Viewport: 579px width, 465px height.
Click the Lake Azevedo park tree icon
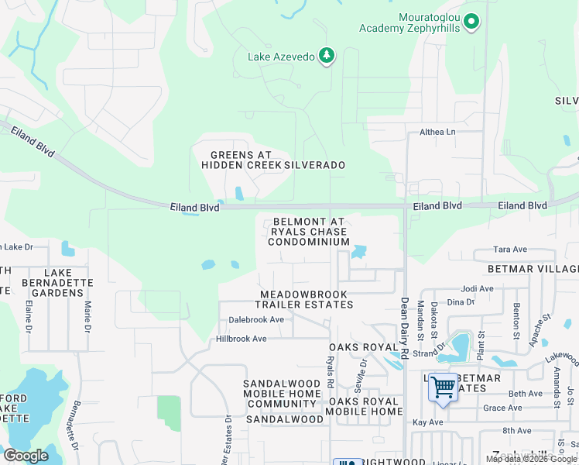(327, 55)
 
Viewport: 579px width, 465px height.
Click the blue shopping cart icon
(444, 387)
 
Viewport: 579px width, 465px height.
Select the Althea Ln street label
(437, 132)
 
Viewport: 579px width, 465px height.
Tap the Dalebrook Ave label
(255, 319)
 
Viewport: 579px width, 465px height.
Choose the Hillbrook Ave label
(241, 339)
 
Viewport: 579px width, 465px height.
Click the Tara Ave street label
(510, 250)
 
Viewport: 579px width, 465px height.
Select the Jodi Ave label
(476, 288)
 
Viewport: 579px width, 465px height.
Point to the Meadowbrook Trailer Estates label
(307, 300)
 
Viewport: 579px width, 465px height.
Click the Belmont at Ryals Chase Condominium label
(309, 232)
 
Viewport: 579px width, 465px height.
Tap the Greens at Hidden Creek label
(241, 160)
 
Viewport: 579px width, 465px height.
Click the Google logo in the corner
(26, 455)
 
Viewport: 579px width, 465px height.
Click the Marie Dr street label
(87, 317)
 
